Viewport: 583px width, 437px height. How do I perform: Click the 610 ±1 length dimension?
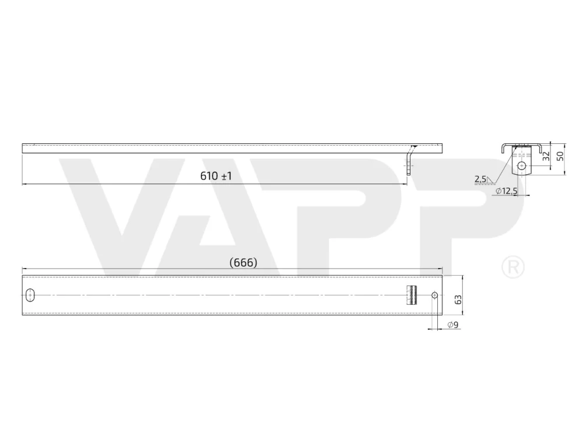pos(216,176)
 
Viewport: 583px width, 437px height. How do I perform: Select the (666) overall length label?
pos(244,263)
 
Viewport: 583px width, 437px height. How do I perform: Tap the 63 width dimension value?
pos(458,299)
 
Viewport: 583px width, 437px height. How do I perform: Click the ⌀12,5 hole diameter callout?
pos(507,191)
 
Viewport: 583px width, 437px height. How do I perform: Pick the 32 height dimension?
pos(546,156)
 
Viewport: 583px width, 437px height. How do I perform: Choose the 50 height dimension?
pos(560,156)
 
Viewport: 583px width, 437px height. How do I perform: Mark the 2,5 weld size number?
pos(480,179)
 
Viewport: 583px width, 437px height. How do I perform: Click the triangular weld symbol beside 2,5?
pos(490,180)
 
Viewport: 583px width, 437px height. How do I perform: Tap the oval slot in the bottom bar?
pos(30,295)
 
